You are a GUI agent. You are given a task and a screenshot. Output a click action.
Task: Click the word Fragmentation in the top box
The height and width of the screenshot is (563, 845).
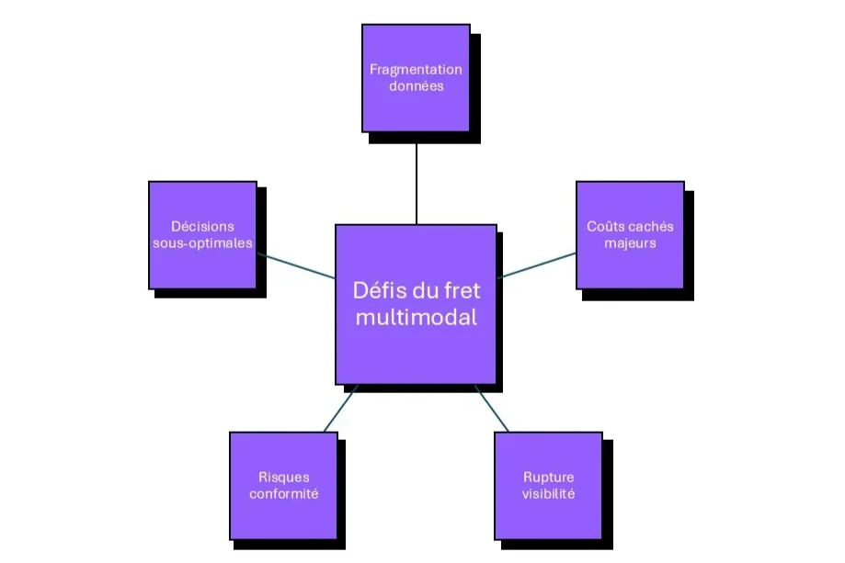tap(416, 70)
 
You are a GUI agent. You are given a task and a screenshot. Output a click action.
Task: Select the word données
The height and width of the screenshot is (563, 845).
tap(416, 85)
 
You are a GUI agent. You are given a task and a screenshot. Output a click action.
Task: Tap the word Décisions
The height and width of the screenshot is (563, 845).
tap(202, 227)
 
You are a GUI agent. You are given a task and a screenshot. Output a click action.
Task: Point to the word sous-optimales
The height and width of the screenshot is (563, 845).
tap(202, 243)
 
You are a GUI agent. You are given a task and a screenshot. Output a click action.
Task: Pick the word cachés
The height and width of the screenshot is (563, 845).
tap(650, 227)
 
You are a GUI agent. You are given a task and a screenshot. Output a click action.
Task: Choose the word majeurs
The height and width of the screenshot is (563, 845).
tap(630, 243)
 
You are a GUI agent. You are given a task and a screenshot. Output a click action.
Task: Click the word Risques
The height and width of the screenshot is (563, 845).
tap(284, 478)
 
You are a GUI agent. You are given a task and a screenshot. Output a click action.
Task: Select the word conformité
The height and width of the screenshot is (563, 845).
tap(284, 494)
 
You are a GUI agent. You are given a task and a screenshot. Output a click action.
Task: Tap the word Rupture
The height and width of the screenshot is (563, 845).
tap(549, 478)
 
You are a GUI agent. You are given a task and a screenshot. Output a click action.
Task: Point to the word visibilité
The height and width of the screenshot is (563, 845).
tap(549, 494)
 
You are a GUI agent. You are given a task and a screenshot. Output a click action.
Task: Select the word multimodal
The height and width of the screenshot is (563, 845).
tap(416, 318)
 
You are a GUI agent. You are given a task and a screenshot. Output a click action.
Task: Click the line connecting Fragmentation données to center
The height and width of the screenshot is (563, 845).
tap(417, 184)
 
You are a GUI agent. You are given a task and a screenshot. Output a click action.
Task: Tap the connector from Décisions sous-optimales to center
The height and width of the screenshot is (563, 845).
tap(296, 266)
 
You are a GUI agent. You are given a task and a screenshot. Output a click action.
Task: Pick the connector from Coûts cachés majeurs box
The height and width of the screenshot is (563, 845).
tap(537, 265)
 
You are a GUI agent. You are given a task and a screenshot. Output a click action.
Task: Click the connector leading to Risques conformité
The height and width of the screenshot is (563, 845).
tap(340, 408)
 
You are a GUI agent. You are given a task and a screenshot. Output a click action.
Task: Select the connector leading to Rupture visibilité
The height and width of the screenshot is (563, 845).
tap(492, 408)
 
